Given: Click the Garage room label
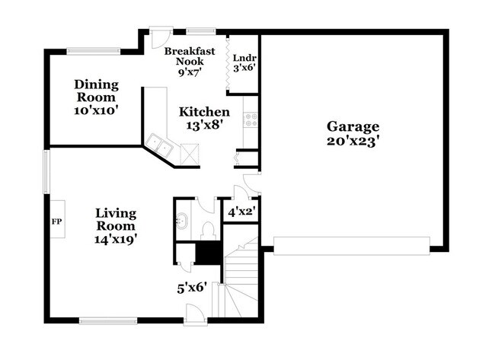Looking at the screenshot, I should pyautogui.click(x=353, y=126).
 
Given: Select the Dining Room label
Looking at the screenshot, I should pyautogui.click(x=95, y=91).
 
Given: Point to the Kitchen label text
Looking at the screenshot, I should pyautogui.click(x=204, y=112).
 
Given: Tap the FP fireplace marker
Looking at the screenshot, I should pyautogui.click(x=56, y=221).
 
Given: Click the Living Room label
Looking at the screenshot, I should pyautogui.click(x=116, y=219).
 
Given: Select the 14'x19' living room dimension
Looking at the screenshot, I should pyautogui.click(x=116, y=239).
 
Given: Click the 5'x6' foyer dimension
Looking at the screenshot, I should pyautogui.click(x=192, y=288).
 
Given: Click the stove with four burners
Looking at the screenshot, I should pyautogui.click(x=251, y=119).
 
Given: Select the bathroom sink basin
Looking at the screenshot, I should pyautogui.click(x=182, y=223).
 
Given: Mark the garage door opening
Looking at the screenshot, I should pyautogui.click(x=350, y=244).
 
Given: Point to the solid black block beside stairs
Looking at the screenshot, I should pyautogui.click(x=207, y=252).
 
